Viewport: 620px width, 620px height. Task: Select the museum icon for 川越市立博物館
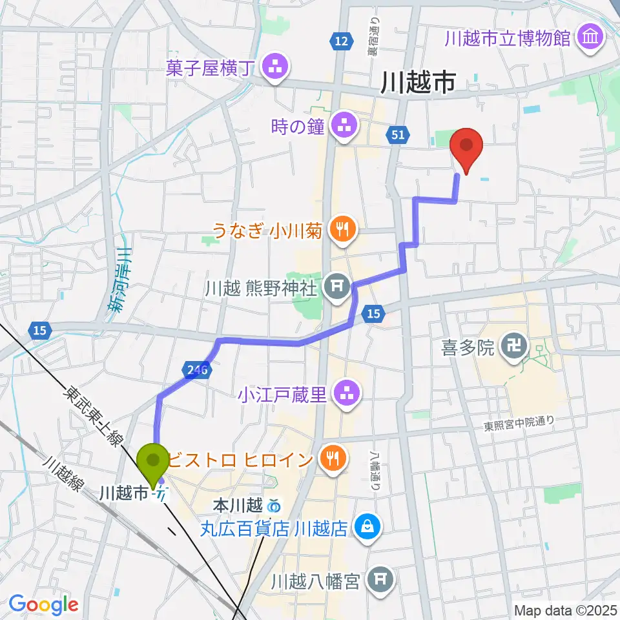point(591,38)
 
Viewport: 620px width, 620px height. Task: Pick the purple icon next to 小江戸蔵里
point(343,391)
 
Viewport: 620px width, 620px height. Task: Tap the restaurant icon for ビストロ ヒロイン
point(333,459)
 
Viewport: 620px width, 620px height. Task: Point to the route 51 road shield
point(397,134)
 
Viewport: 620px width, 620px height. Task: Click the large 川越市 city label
point(419,83)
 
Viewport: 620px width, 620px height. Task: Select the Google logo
point(44,604)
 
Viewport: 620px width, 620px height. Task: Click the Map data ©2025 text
point(565,610)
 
